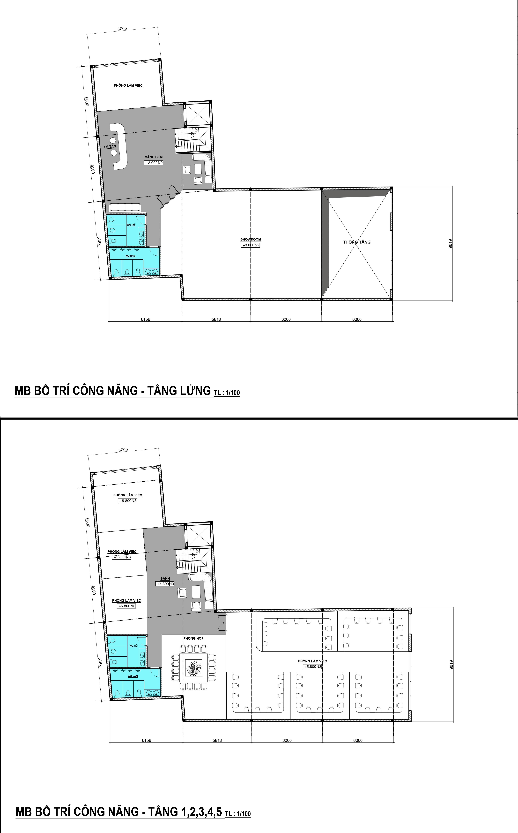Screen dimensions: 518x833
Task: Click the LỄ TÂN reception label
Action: (x=110, y=147)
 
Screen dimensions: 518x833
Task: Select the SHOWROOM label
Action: (x=250, y=240)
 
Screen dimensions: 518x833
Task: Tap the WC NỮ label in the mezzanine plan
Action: (x=131, y=225)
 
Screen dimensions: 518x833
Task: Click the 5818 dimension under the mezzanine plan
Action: (x=216, y=319)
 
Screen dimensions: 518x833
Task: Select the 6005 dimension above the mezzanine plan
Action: (x=122, y=29)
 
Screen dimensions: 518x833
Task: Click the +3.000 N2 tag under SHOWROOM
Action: (x=250, y=245)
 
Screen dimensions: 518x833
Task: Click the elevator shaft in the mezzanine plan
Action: (x=197, y=115)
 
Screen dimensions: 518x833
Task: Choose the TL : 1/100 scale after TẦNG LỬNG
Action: (x=227, y=393)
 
